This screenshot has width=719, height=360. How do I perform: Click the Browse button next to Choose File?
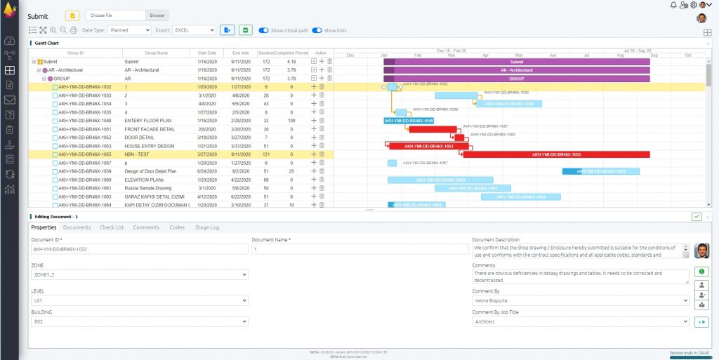pyautogui.click(x=157, y=15)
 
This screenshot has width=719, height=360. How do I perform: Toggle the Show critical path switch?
pyautogui.click(x=263, y=30)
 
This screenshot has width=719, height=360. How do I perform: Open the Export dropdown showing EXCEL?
pyautogui.click(x=194, y=30)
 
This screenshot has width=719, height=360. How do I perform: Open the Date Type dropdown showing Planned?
pyautogui.click(x=129, y=30)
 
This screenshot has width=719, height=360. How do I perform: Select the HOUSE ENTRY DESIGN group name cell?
pyautogui.click(x=149, y=146)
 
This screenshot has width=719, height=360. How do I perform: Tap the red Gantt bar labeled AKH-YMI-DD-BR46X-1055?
pyautogui.click(x=556, y=154)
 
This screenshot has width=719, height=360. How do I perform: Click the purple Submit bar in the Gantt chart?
pyautogui.click(x=517, y=62)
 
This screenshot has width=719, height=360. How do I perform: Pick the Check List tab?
pyautogui.click(x=112, y=227)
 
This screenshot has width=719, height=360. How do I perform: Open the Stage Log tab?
pyautogui.click(x=207, y=227)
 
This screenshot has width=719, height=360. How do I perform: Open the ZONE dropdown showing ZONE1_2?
pyautogui.click(x=139, y=275)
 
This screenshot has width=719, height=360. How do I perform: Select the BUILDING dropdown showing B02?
pyautogui.click(x=139, y=321)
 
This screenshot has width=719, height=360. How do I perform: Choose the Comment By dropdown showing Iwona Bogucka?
pyautogui.click(x=581, y=300)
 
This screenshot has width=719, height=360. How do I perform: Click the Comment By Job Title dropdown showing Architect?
pyautogui.click(x=581, y=321)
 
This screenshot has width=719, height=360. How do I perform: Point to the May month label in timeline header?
pyautogui.click(x=519, y=55)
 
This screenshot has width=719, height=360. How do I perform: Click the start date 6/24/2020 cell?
pyautogui.click(x=207, y=171)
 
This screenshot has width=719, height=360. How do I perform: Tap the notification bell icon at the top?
pyautogui.click(x=673, y=5)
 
